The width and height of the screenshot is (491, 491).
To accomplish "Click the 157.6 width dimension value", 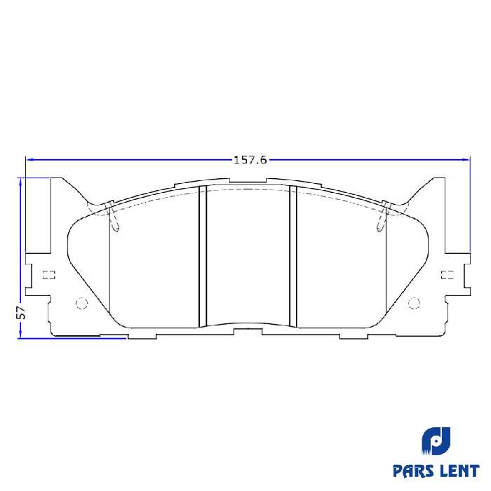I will [x=250, y=160].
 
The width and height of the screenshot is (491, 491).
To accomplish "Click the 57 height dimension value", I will [x=21, y=313].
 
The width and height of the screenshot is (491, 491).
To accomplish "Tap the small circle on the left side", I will [x=80, y=303].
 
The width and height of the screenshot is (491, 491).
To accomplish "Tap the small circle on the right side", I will [x=413, y=303].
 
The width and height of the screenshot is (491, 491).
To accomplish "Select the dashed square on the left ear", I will [x=48, y=274].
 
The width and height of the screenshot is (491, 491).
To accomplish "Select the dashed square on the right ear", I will [x=446, y=274].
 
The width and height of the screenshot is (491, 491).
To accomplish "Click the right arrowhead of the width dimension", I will [x=466, y=160].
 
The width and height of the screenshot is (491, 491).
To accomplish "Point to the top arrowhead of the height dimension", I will [x=21, y=182].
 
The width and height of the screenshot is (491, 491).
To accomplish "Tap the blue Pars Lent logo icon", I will [x=436, y=440].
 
